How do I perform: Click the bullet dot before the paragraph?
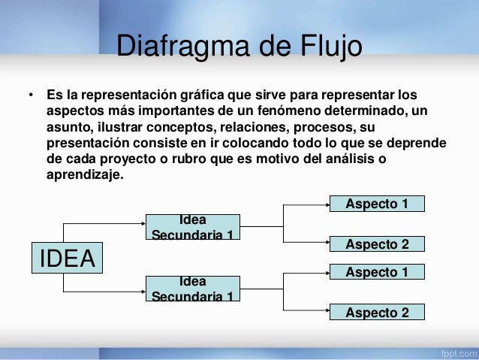point(31,96)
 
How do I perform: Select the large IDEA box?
point(67,258)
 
